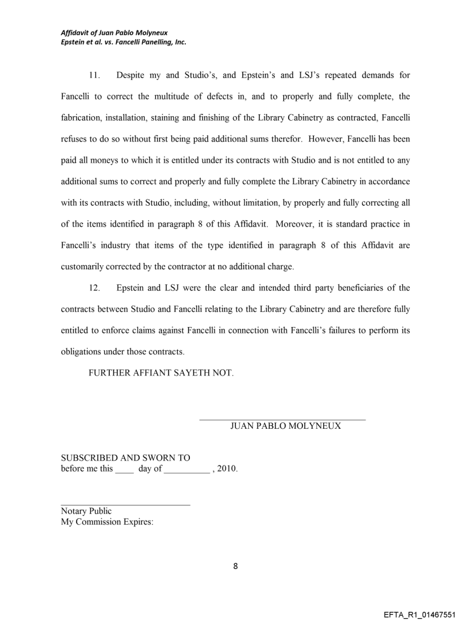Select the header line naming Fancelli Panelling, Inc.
124,42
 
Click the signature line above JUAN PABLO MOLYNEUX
282,418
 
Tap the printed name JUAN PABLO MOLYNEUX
285,426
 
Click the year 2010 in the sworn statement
227,469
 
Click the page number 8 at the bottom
235,566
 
